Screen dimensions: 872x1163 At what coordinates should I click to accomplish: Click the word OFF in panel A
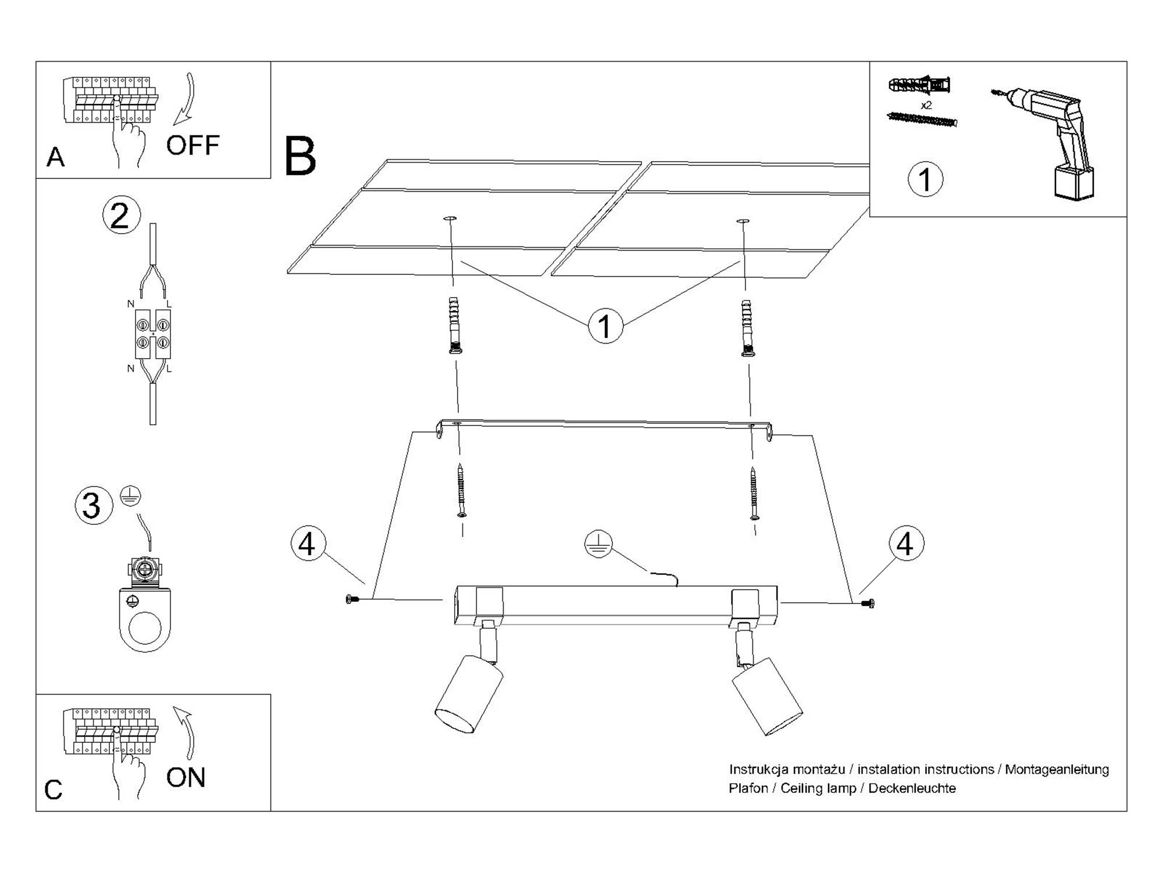[192, 145]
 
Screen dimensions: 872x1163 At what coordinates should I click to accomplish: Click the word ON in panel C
[185, 778]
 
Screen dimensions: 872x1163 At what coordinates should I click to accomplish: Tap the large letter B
[300, 156]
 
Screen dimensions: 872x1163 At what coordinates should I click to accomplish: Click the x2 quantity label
[926, 105]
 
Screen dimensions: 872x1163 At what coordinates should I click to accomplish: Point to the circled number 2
[121, 216]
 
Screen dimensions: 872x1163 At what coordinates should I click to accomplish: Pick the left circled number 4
[308, 544]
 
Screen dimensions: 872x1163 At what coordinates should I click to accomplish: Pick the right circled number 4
[906, 544]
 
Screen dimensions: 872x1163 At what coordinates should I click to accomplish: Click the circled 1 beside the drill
[925, 179]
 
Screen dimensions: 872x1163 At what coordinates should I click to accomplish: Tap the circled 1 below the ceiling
[605, 326]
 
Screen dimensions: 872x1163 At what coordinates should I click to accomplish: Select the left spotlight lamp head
[469, 694]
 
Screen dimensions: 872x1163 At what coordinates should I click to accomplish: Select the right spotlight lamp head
[767, 696]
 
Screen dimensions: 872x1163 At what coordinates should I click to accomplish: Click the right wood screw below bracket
[754, 494]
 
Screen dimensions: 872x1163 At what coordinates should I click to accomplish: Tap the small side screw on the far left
[349, 599]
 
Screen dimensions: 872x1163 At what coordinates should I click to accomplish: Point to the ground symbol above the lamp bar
[598, 544]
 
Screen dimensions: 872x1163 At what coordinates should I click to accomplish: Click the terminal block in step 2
[152, 333]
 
